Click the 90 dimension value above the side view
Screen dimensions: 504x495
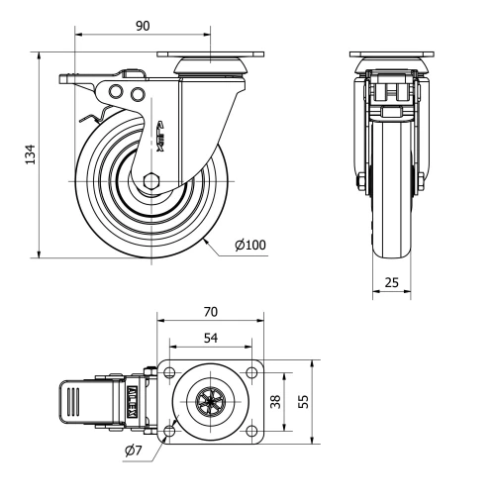(x=145, y=23)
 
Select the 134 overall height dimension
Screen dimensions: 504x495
(x=29, y=153)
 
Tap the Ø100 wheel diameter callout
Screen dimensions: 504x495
(x=249, y=245)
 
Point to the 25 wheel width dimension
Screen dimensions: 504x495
(x=391, y=283)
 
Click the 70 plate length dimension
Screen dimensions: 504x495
(x=210, y=311)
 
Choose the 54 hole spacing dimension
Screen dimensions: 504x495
(x=210, y=338)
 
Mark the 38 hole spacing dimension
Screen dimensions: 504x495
(x=277, y=401)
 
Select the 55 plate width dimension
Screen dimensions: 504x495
(x=304, y=401)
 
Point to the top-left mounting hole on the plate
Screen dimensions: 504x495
(x=169, y=372)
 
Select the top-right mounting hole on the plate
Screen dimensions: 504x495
(x=253, y=372)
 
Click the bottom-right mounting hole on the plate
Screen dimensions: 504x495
(x=253, y=431)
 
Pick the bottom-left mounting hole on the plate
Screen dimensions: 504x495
(x=169, y=431)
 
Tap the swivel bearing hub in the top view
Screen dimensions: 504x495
(x=211, y=401)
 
